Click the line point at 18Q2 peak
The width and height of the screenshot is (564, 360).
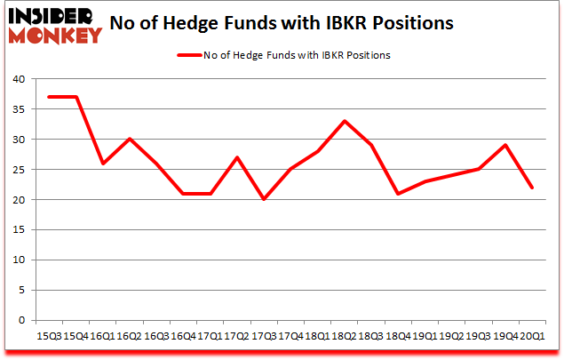(x=344, y=121)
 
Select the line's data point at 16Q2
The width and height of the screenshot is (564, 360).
(x=130, y=139)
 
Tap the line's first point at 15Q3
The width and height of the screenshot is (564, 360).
(x=48, y=97)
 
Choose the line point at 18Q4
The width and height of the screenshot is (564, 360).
(x=399, y=193)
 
